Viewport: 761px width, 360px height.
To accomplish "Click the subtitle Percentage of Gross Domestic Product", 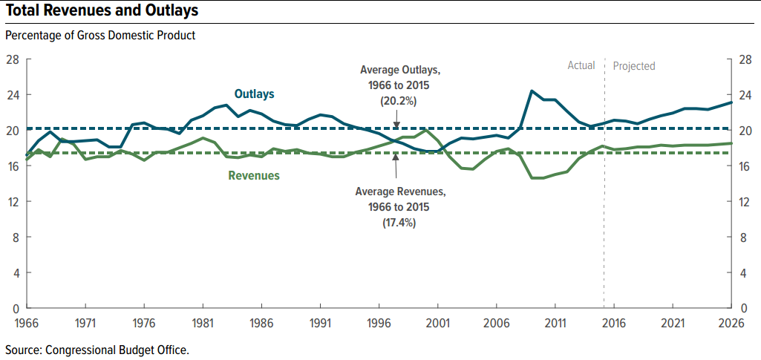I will coord(100,35).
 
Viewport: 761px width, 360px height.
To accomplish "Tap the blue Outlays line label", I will coord(255,94).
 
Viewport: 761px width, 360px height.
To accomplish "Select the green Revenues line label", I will coord(254,176).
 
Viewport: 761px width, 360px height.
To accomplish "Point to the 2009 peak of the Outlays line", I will coord(532,91).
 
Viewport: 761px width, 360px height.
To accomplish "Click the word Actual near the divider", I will coord(581,65).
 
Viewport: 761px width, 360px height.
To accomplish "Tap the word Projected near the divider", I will coord(634,66).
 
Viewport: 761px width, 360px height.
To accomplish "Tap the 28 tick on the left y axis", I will coord(13,59).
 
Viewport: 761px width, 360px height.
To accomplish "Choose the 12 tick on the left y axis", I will coord(13,201).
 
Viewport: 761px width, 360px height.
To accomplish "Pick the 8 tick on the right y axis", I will coord(744,237).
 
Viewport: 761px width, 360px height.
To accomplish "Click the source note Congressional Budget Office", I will coord(97,349).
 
